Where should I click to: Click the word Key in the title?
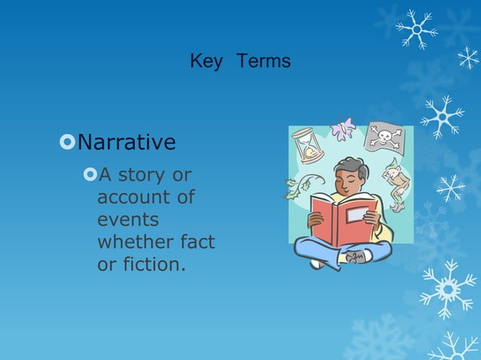coord(206,62)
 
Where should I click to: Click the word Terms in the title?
coord(263,62)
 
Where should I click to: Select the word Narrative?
coord(127,142)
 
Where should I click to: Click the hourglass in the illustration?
coord(307,145)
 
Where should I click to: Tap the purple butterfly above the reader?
coord(342,129)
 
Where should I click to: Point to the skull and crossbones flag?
coord(384,138)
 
